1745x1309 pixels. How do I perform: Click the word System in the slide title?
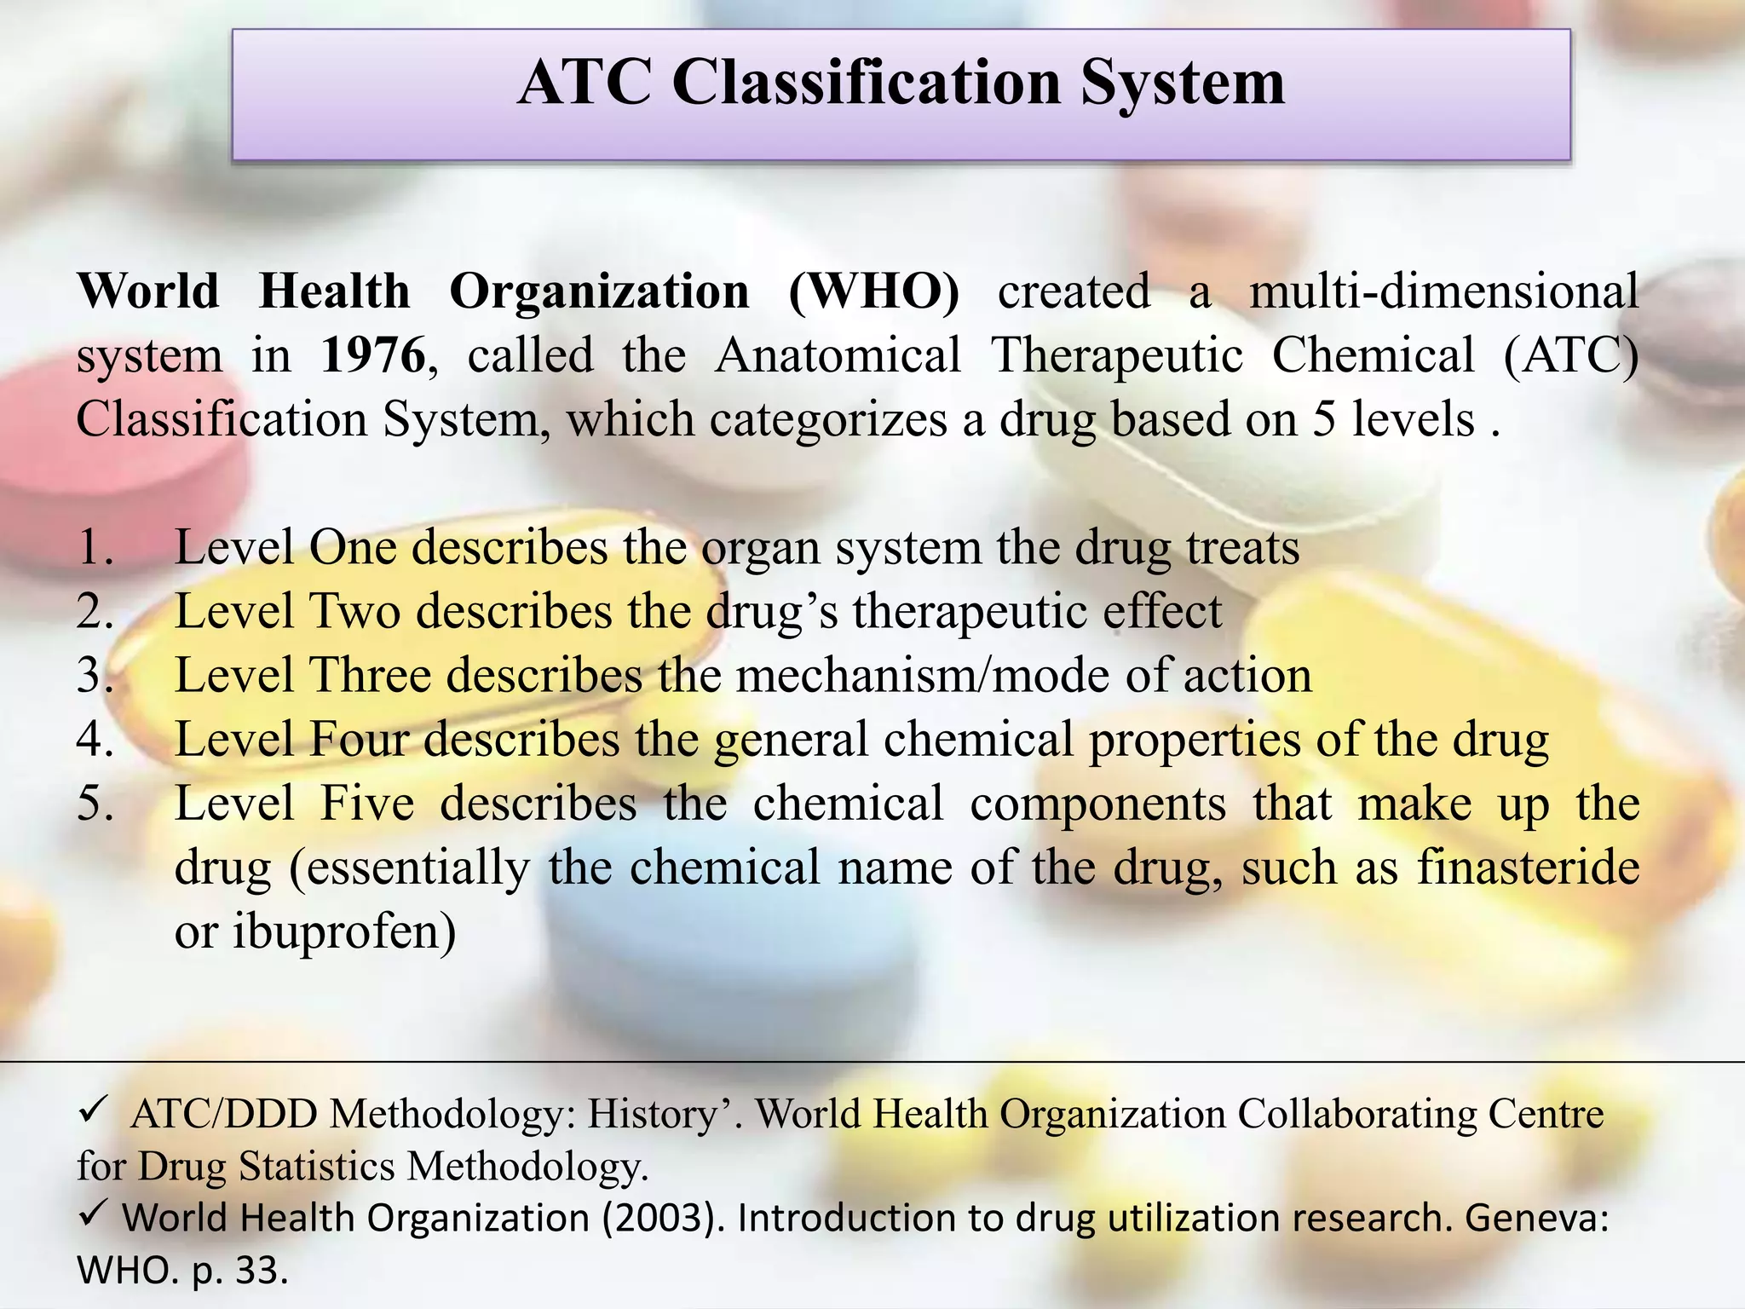click(x=1183, y=84)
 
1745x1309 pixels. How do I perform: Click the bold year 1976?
click(x=372, y=355)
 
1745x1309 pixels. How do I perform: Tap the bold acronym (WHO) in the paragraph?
click(x=873, y=291)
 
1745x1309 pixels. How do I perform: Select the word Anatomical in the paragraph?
click(x=838, y=355)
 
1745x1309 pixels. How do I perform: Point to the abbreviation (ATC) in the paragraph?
click(x=1570, y=355)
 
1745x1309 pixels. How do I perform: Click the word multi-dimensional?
click(x=1443, y=291)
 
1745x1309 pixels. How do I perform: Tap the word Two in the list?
click(x=354, y=612)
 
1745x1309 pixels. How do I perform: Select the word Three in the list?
click(x=371, y=676)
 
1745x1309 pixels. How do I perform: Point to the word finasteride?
click(x=1529, y=868)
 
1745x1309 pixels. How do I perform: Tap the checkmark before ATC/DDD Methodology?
click(x=90, y=1110)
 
